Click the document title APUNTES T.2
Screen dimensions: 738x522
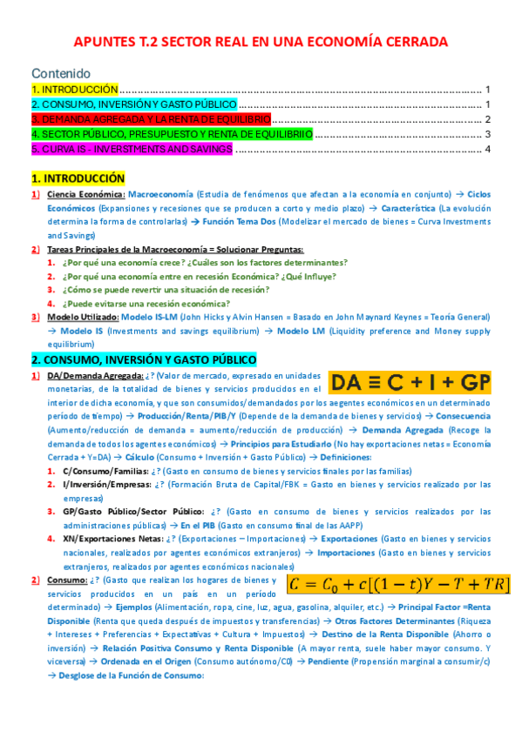point(261,41)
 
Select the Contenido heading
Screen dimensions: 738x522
point(60,74)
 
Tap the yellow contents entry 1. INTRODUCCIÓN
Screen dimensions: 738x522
point(74,90)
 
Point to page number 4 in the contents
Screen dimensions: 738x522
point(488,150)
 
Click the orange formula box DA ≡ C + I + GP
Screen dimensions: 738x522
point(410,382)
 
